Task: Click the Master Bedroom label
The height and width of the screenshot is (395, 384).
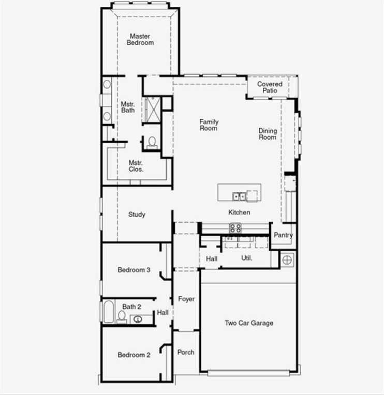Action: click(140, 39)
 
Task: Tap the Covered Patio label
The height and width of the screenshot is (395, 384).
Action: click(270, 87)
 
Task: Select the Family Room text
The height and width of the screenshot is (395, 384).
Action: click(209, 125)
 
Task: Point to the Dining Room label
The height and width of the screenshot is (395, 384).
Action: click(268, 134)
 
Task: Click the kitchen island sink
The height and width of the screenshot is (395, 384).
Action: click(239, 196)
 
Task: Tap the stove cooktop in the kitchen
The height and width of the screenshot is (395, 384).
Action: click(235, 228)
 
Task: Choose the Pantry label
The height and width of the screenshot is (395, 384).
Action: click(283, 235)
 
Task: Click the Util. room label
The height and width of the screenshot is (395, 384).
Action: click(247, 257)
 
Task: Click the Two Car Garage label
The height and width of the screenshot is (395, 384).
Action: click(249, 323)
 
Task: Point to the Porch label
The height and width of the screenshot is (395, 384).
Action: click(186, 352)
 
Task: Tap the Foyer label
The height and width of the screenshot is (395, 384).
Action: click(186, 299)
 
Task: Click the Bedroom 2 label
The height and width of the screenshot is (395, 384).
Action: click(134, 355)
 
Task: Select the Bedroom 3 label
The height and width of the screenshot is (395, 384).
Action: click(134, 270)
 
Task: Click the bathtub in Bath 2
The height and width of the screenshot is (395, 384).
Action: click(108, 312)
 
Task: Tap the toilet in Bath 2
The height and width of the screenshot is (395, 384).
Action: click(122, 315)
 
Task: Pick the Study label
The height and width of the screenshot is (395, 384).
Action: click(137, 215)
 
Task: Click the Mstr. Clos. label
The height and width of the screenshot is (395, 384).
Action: click(136, 166)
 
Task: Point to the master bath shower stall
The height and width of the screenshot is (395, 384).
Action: click(152, 109)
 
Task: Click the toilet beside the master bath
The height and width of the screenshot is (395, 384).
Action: click(152, 142)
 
